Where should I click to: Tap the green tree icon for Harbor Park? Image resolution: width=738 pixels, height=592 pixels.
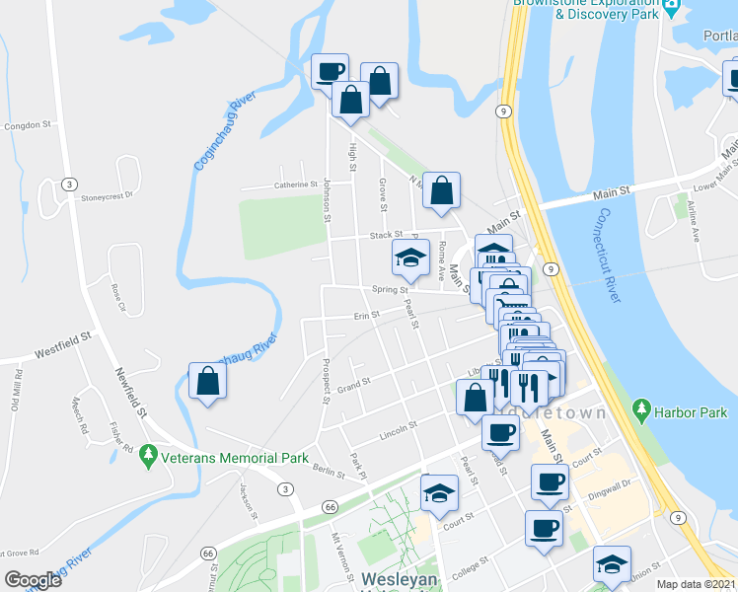coord(642,407)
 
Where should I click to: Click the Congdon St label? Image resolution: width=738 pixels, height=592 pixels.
coord(27,125)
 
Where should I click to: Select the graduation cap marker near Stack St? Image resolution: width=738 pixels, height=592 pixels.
coord(410,259)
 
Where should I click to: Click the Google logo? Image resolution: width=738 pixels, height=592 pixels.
coord(33,580)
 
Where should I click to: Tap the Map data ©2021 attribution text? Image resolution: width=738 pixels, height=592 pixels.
coord(697,584)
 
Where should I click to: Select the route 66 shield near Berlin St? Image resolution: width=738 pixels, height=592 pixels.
coord(330,506)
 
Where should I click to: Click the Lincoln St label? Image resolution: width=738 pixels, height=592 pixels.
coord(399,430)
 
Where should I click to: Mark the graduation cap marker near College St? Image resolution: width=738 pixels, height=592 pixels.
coord(612,564)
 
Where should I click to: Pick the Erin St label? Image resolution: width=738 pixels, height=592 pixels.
coord(367,316)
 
